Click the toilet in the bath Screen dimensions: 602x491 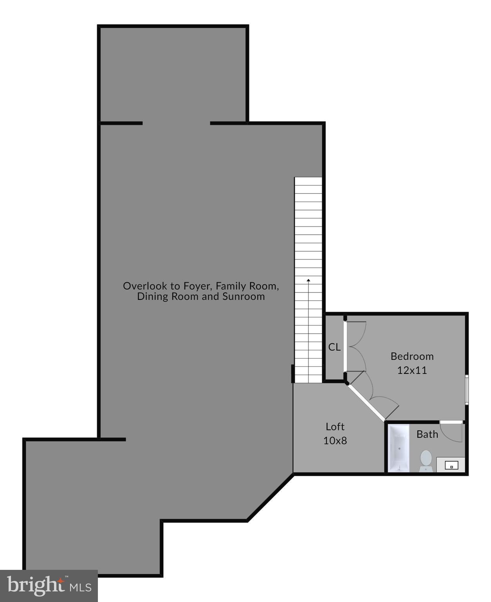(x=426, y=460)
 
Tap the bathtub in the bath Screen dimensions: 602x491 (x=399, y=448)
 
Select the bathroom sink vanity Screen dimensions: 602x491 (x=451, y=465)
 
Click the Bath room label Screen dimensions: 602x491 (x=427, y=434)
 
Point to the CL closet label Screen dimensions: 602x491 (x=334, y=347)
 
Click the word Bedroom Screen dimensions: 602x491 (x=412, y=356)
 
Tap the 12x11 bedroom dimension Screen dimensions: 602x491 (x=412, y=370)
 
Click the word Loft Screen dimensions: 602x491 (x=335, y=426)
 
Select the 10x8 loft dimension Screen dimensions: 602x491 (x=335, y=441)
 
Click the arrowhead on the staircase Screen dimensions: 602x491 (x=309, y=280)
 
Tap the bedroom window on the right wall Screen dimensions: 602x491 (x=467, y=389)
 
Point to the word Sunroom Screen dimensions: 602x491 (x=244, y=296)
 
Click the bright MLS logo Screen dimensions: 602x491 (x=49, y=586)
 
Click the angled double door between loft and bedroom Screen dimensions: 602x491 (x=372, y=400)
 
